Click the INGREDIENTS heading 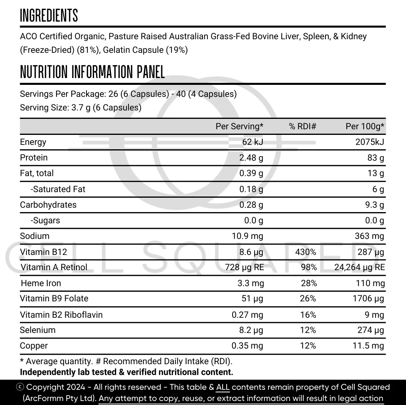tap(49, 16)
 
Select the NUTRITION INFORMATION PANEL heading tap(92, 72)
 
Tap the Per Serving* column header tap(239, 126)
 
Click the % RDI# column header tap(303, 126)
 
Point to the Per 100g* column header tap(365, 126)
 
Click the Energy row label tap(33, 142)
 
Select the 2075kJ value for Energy tap(370, 142)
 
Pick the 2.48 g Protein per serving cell tap(251, 158)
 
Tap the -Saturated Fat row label tap(58, 189)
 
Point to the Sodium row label tap(35, 236)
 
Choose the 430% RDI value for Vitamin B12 tap(306, 252)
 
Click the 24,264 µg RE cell tap(359, 267)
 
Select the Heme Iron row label tap(41, 283)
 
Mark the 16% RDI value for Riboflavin tap(308, 315)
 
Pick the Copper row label tap(34, 346)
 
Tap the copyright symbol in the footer tap(20, 387)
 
